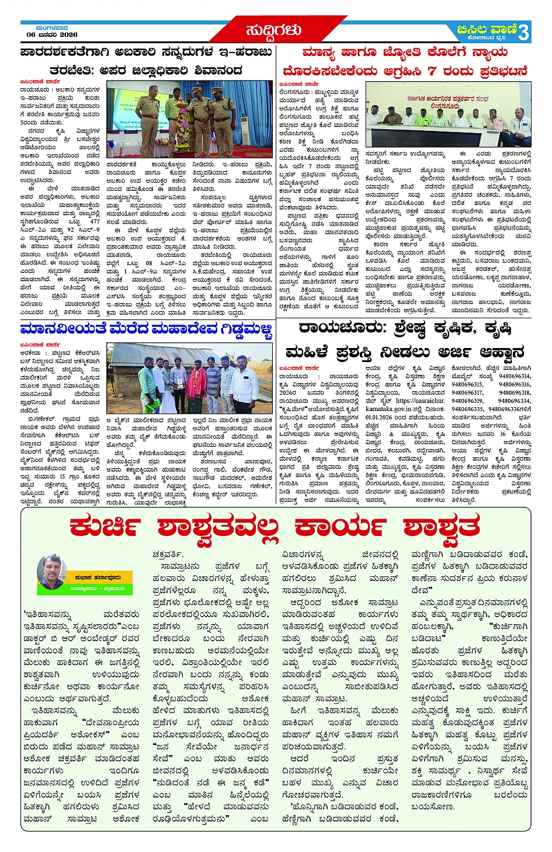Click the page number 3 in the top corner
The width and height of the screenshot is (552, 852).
523,32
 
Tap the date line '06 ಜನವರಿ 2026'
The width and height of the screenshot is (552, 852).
52,34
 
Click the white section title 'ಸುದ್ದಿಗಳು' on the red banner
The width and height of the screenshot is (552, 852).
273,30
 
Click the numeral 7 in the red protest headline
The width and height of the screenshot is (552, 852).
432,71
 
